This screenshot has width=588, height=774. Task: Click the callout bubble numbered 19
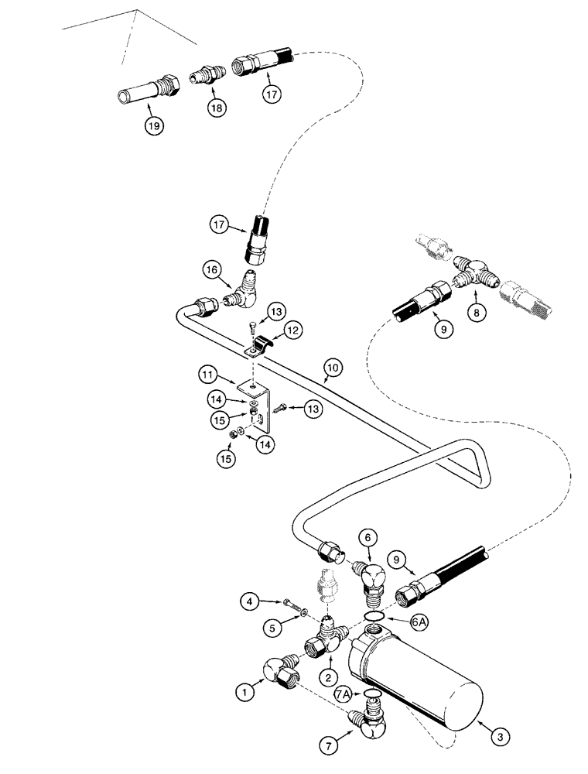[x=155, y=126]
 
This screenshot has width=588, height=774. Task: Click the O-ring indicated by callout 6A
[x=374, y=616]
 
